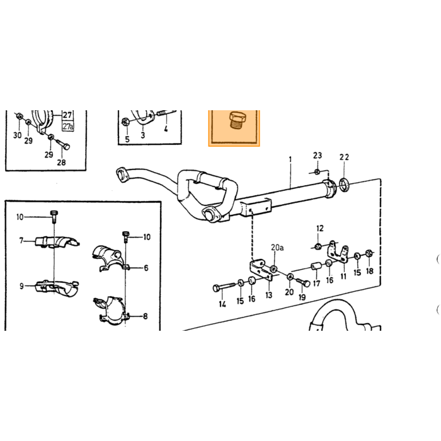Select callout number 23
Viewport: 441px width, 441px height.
point(318,155)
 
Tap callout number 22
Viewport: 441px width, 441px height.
point(344,157)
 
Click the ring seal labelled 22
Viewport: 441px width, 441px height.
point(344,185)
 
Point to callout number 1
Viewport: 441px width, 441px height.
point(290,160)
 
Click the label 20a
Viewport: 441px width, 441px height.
point(277,248)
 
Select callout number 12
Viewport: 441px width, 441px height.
point(320,228)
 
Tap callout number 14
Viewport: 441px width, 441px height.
point(222,304)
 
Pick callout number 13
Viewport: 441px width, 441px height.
point(269,295)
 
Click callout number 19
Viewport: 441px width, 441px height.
point(302,297)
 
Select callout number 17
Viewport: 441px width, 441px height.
point(317,283)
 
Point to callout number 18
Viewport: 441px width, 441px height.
point(370,271)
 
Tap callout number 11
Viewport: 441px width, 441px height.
point(343,276)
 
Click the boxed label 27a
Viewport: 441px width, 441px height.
point(68,126)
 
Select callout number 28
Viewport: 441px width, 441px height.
point(61,163)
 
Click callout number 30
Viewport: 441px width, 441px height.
point(18,135)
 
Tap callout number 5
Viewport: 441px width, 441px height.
point(127,139)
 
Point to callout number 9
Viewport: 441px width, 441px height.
point(21,286)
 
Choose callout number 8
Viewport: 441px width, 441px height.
point(145,316)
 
